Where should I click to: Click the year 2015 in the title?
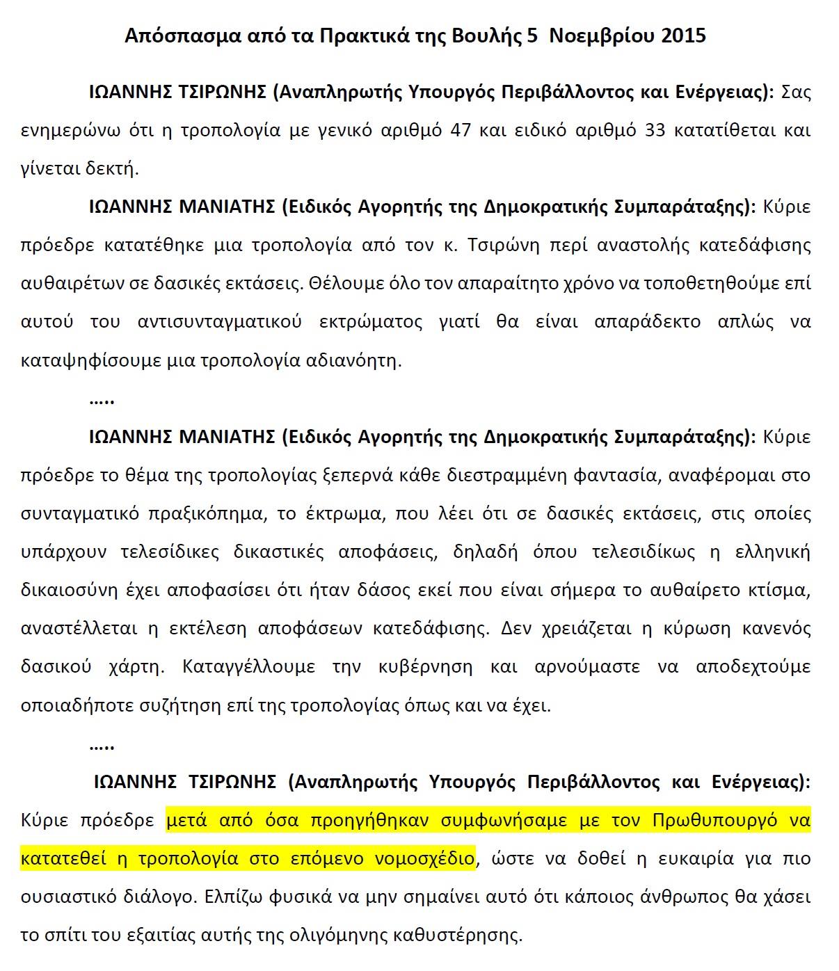point(683,36)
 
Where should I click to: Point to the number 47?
point(461,130)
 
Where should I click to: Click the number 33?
point(655,130)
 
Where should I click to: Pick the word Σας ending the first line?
point(796,92)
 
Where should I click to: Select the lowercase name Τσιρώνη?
point(501,245)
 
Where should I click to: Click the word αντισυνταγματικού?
point(220,322)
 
